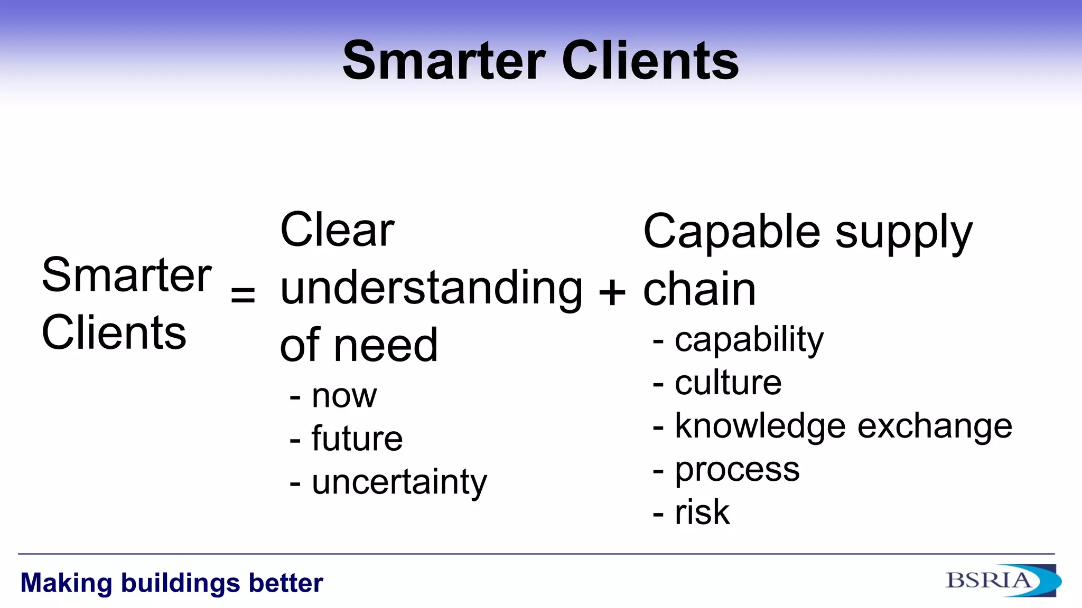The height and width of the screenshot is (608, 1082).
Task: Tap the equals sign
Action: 243,293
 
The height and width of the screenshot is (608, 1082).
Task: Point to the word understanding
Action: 431,289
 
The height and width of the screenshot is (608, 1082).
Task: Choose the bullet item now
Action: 344,396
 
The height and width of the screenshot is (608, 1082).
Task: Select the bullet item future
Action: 357,439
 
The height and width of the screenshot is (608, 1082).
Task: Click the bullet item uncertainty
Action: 399,482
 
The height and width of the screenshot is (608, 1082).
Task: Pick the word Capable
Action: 732,232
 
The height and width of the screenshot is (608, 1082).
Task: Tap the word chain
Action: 699,289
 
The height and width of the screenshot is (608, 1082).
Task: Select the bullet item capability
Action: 749,339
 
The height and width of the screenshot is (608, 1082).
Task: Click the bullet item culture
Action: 728,383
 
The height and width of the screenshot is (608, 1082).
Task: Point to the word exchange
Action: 934,426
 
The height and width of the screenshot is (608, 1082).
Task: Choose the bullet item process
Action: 737,470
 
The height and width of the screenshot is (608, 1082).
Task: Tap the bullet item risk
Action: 702,512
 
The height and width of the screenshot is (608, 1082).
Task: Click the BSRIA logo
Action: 1002,581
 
